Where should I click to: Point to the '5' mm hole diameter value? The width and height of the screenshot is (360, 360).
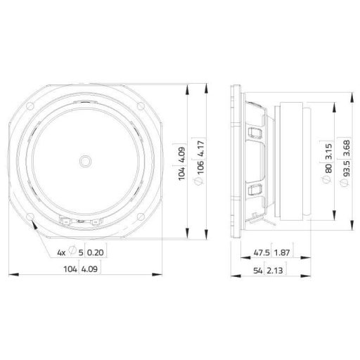(x=82, y=252)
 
